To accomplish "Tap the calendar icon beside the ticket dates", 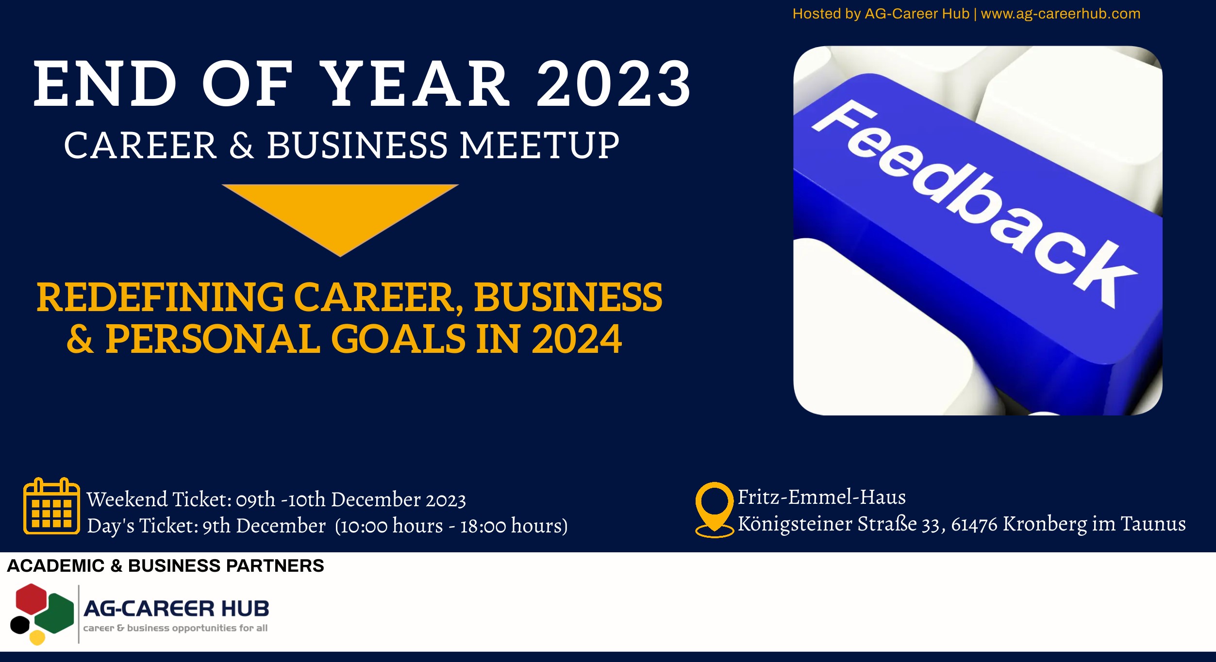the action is click(x=52, y=506).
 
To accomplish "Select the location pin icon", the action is click(x=715, y=509).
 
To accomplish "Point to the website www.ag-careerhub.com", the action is click(x=1061, y=14).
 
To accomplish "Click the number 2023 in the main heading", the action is click(x=614, y=84).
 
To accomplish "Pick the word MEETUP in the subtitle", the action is click(x=539, y=145).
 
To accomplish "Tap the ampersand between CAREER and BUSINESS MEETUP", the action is click(x=241, y=145).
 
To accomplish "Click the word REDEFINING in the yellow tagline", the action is click(x=160, y=297).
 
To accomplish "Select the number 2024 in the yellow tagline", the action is click(x=577, y=339).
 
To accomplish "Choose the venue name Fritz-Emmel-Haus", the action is click(x=822, y=497).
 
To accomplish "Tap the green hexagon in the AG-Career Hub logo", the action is click(x=55, y=613).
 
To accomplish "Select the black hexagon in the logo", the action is click(x=20, y=625).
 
